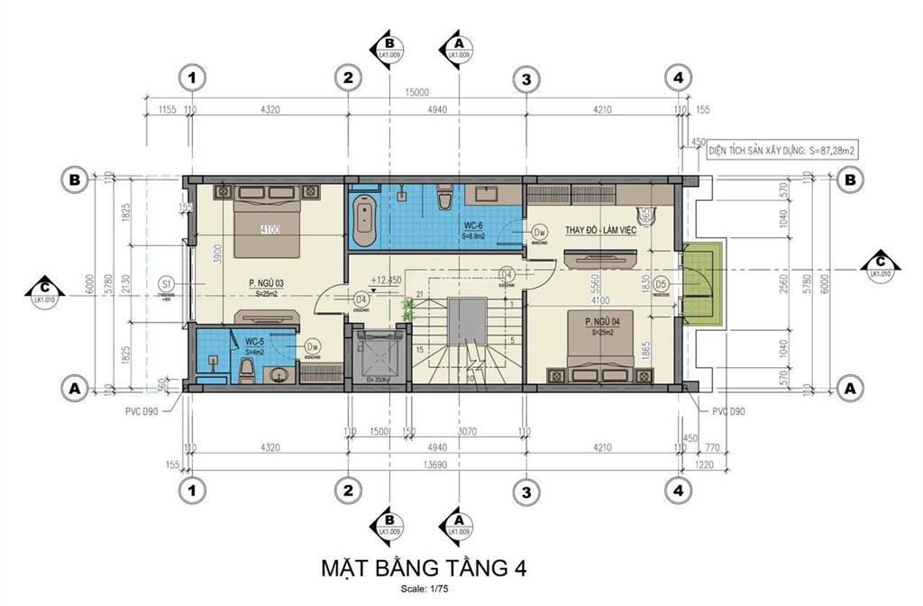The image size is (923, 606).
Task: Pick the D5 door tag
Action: point(662,284)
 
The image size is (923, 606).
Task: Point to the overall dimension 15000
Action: point(416,91)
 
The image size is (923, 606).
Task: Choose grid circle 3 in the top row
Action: point(525,78)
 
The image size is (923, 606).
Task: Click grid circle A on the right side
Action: point(847,388)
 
